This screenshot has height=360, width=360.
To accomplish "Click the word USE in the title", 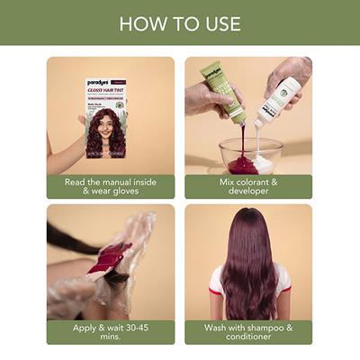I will point(220,22).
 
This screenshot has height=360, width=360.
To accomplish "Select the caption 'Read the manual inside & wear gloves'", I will point(111,186).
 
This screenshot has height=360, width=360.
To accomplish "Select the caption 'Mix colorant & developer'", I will point(248,186).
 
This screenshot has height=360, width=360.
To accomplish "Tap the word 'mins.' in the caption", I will point(111,338).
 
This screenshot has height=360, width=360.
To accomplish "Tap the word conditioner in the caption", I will point(249,338).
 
